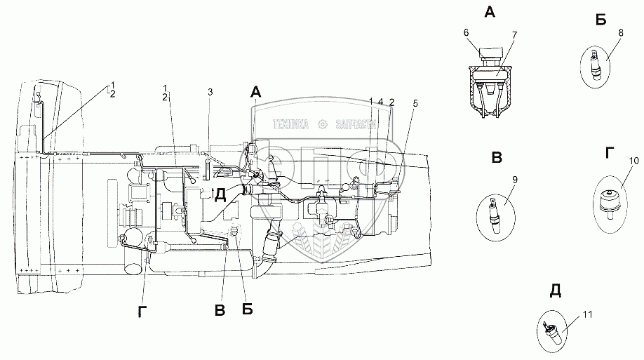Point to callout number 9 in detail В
tap(514, 180)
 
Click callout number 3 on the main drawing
tap(210, 92)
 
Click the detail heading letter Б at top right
tap(601, 20)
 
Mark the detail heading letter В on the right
tap(497, 157)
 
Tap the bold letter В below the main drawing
tap(220, 310)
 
